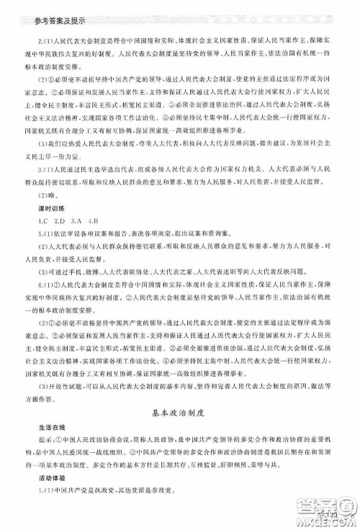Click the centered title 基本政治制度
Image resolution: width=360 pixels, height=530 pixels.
(180, 413)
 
